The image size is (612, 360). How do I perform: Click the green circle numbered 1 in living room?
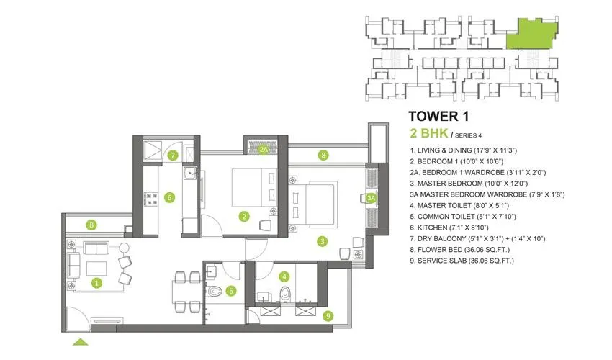click(96, 283)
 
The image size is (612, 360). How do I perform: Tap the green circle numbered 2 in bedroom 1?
click(245, 215)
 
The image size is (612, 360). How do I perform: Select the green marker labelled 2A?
click(264, 150)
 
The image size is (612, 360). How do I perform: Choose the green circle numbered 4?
click(285, 276)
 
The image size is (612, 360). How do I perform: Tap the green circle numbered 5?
click(231, 291)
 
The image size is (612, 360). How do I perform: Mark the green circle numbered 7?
click(173, 155)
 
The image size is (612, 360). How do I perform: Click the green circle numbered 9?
click(328, 315)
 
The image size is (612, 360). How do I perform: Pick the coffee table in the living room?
click(96, 268)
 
